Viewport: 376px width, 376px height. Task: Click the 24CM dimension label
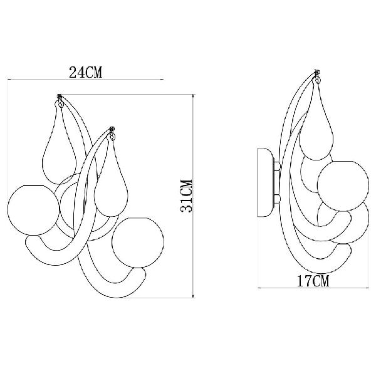coord(86,73)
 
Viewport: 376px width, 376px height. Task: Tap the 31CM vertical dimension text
coord(186,196)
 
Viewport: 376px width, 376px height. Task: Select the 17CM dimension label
coord(313,281)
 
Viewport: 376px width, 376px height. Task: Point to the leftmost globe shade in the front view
coord(33,210)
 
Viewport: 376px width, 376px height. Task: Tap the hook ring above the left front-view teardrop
coord(60,103)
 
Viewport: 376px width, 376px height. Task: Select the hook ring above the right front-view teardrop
coord(112,137)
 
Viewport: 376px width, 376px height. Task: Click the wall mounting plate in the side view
coord(266,183)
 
